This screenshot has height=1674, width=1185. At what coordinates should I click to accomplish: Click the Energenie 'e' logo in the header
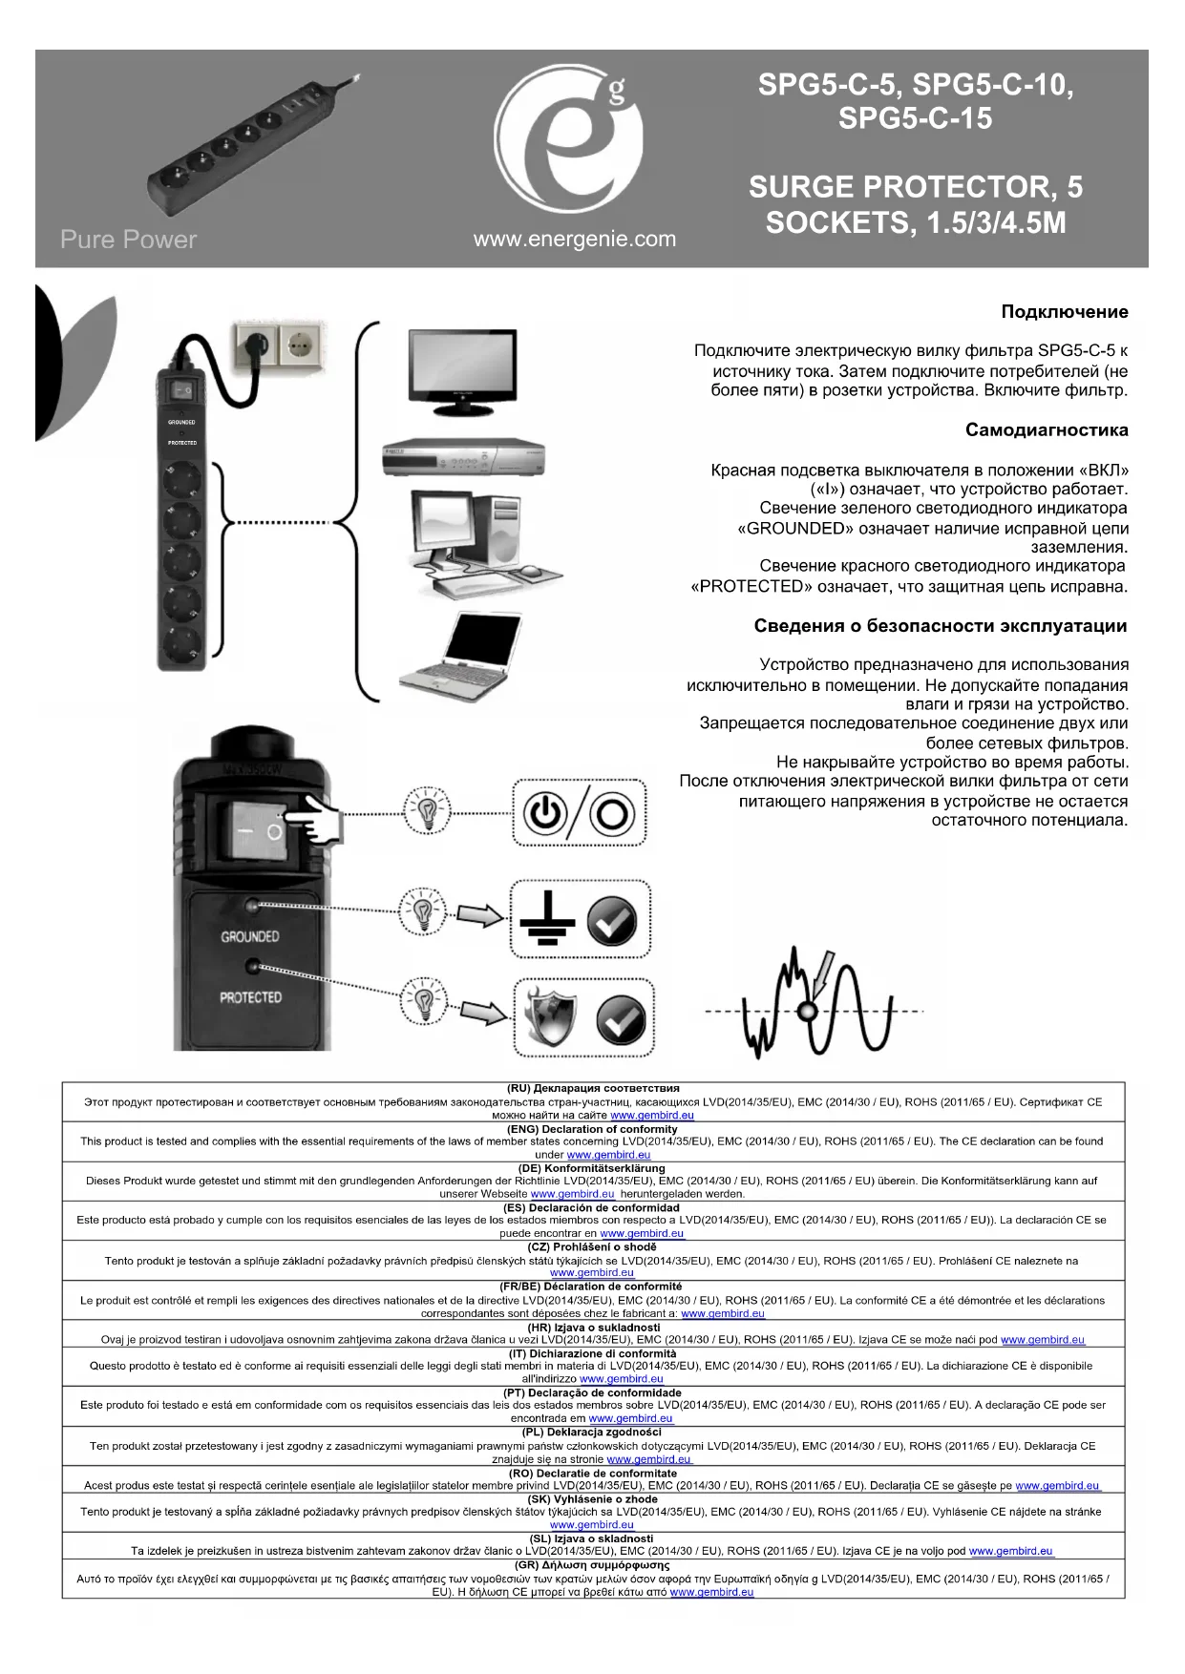pos(567,139)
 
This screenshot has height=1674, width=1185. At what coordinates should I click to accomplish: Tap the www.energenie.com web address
pos(574,240)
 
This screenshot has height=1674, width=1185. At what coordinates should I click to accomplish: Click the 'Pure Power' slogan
pos(128,240)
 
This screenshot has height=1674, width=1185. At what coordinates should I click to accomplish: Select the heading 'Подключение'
pos(1064,312)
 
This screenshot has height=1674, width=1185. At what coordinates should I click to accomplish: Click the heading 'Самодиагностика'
pos(1046,429)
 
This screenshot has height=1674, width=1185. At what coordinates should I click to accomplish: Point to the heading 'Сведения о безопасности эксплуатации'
pos(940,626)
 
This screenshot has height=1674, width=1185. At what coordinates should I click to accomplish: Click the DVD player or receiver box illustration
pos(462,459)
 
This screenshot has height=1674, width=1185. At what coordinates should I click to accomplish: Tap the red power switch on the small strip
pos(181,389)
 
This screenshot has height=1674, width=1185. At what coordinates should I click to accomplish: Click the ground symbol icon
pos(547,918)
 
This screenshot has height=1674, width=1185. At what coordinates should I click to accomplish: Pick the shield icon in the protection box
pos(552,1017)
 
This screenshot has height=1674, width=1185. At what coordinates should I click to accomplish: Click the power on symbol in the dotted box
pos(544,813)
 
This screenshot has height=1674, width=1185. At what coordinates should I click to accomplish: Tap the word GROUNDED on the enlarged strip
pos(249,936)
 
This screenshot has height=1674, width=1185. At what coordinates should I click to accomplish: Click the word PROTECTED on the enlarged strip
pos(250,997)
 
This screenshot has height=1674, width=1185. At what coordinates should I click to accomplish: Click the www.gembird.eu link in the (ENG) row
pos(608,1155)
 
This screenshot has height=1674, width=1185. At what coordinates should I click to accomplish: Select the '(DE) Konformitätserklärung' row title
pos(592,1168)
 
